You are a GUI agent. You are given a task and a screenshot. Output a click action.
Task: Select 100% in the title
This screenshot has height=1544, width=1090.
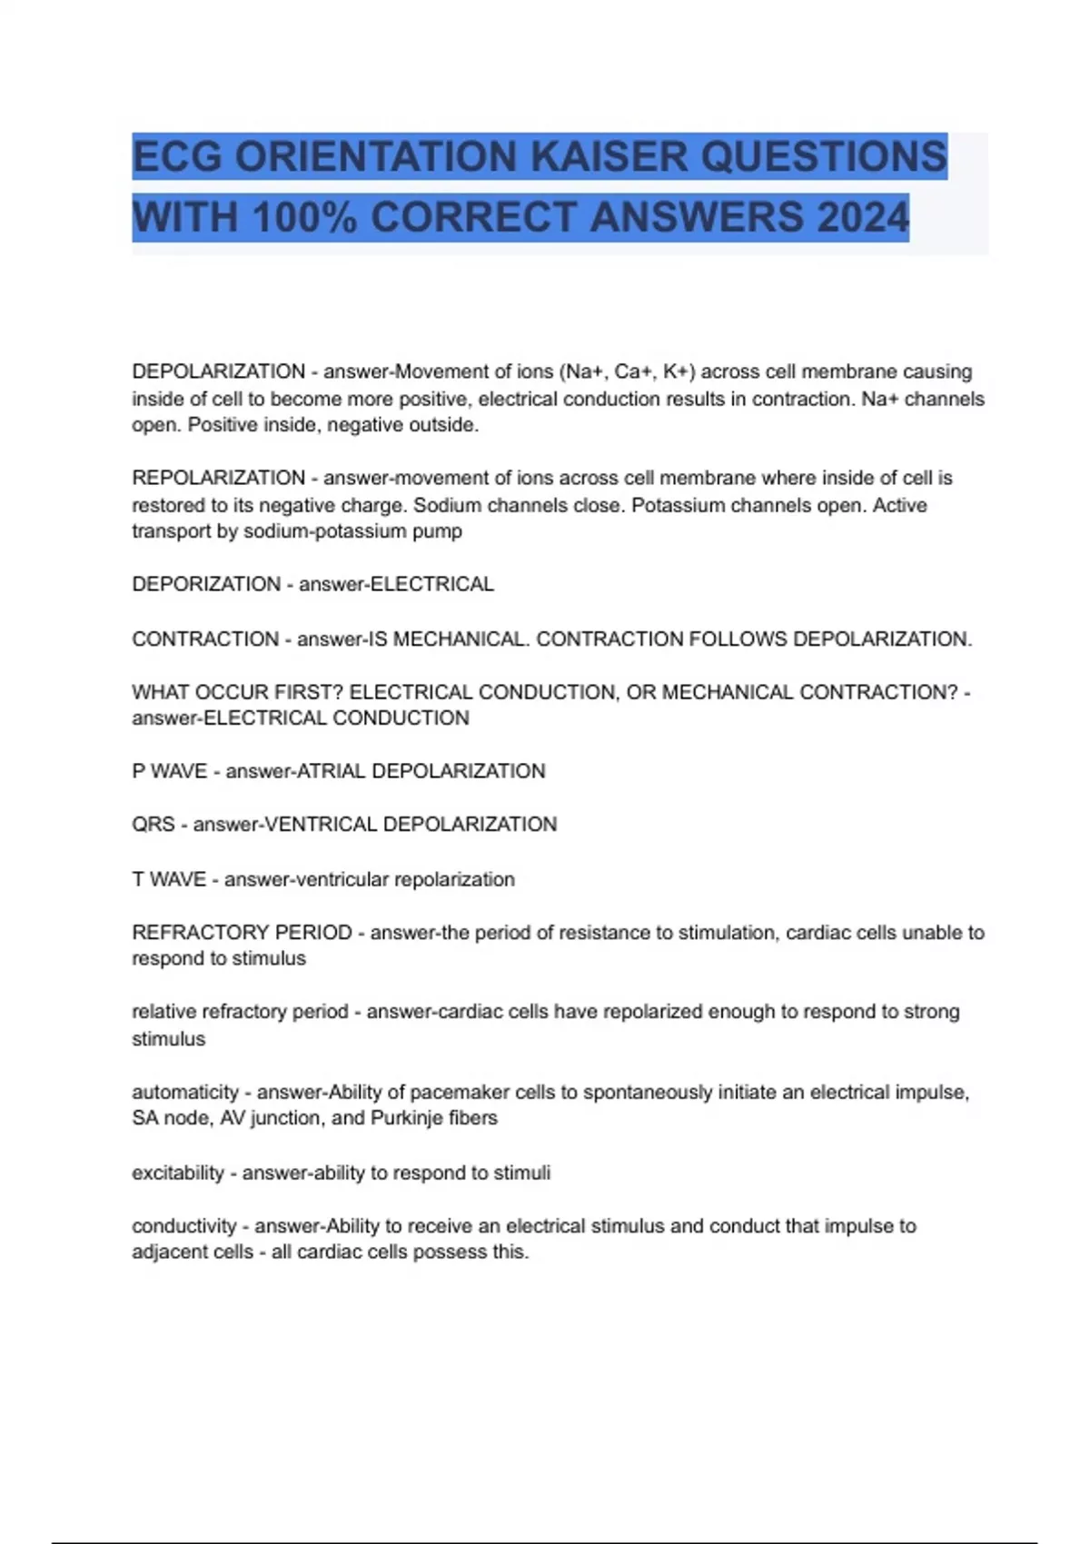click(x=305, y=218)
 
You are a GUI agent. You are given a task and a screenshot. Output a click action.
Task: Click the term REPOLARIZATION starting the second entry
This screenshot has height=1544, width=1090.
click(x=218, y=478)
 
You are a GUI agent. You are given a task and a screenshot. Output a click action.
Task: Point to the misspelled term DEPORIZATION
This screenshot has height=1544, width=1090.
click(x=206, y=584)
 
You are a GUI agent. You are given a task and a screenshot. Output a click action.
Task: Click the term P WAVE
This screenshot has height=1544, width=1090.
click(x=169, y=771)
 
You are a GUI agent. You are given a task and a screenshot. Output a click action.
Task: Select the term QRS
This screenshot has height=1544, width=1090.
click(x=154, y=825)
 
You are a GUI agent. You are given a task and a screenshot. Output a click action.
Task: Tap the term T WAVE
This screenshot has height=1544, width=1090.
click(x=169, y=879)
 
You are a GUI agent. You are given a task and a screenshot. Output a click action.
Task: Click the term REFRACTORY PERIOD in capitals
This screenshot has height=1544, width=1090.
click(x=242, y=933)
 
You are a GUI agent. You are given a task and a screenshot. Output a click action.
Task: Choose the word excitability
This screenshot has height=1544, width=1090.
click(x=178, y=1173)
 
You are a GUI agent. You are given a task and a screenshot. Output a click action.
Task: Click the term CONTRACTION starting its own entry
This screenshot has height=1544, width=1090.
click(x=205, y=639)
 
